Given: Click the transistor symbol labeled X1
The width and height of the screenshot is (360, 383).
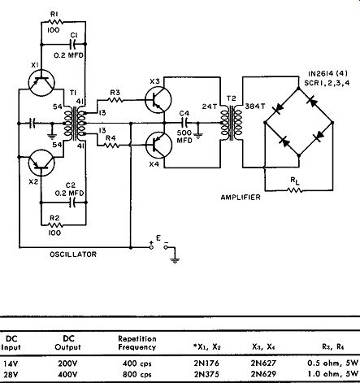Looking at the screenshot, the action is [x=41, y=83].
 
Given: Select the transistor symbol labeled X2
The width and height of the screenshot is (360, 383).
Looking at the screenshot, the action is [x=41, y=163].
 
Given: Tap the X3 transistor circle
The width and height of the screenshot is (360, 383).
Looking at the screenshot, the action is [x=158, y=100].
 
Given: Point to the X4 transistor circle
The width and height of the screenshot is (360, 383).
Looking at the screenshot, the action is [x=158, y=146].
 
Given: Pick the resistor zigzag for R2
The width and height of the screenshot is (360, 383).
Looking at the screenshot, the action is [x=55, y=224].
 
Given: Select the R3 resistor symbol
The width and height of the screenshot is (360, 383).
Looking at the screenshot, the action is [x=115, y=100].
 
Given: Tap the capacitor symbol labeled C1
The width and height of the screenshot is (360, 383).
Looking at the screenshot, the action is [x=73, y=44].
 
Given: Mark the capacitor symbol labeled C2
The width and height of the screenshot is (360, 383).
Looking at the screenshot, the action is [x=72, y=202].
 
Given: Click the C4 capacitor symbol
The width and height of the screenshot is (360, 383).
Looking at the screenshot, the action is [x=184, y=123].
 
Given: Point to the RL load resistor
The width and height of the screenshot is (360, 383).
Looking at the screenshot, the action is [x=295, y=190].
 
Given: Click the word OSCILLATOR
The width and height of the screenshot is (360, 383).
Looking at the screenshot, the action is [x=73, y=255].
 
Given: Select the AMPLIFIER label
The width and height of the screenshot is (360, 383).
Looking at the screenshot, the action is [x=241, y=197].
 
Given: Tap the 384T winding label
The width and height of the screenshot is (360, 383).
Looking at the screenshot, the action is [x=255, y=107].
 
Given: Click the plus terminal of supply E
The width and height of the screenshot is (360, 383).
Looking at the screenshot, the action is [x=151, y=247].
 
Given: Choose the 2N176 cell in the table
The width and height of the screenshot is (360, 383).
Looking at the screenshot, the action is [x=206, y=363].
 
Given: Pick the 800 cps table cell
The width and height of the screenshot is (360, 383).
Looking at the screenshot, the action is [x=137, y=374].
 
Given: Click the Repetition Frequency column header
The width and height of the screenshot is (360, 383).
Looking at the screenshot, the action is [x=137, y=343].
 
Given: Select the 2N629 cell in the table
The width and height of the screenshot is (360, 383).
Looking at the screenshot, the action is [x=263, y=374].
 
